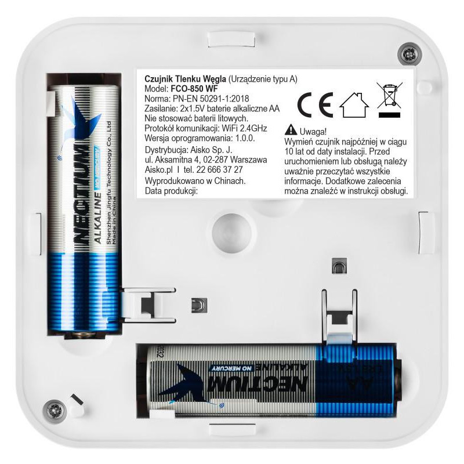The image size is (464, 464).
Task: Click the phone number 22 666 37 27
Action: (x=217, y=169)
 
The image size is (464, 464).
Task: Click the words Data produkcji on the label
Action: (x=168, y=191)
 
